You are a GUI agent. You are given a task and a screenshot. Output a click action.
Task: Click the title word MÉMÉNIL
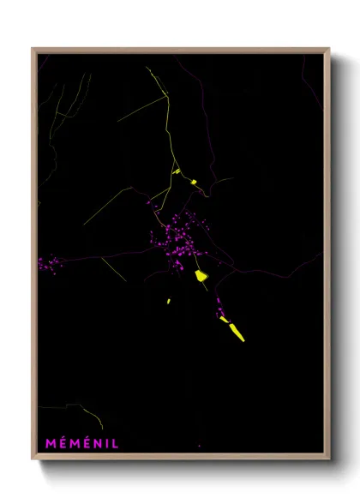tap(82, 443)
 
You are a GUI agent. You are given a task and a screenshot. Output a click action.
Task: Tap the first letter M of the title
tap(51, 443)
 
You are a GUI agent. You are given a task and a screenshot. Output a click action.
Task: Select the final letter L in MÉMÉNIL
tap(115, 443)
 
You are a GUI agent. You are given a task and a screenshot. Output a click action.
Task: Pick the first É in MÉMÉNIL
tap(62, 443)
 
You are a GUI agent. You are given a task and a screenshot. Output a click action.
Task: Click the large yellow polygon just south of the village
tap(201, 276)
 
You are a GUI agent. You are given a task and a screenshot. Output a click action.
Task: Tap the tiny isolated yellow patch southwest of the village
tap(169, 301)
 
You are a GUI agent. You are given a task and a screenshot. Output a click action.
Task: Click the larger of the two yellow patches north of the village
tap(194, 182)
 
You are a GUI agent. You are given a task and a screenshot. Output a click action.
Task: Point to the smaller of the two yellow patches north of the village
tap(177, 171)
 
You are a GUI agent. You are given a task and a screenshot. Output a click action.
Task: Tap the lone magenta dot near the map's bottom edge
tap(199, 446)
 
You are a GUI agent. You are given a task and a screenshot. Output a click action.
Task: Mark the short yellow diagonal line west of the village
tap(113, 267)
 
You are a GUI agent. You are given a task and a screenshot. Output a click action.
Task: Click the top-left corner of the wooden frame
tap(33, 48)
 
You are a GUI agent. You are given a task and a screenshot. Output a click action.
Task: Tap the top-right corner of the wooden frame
tap(330, 48)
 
